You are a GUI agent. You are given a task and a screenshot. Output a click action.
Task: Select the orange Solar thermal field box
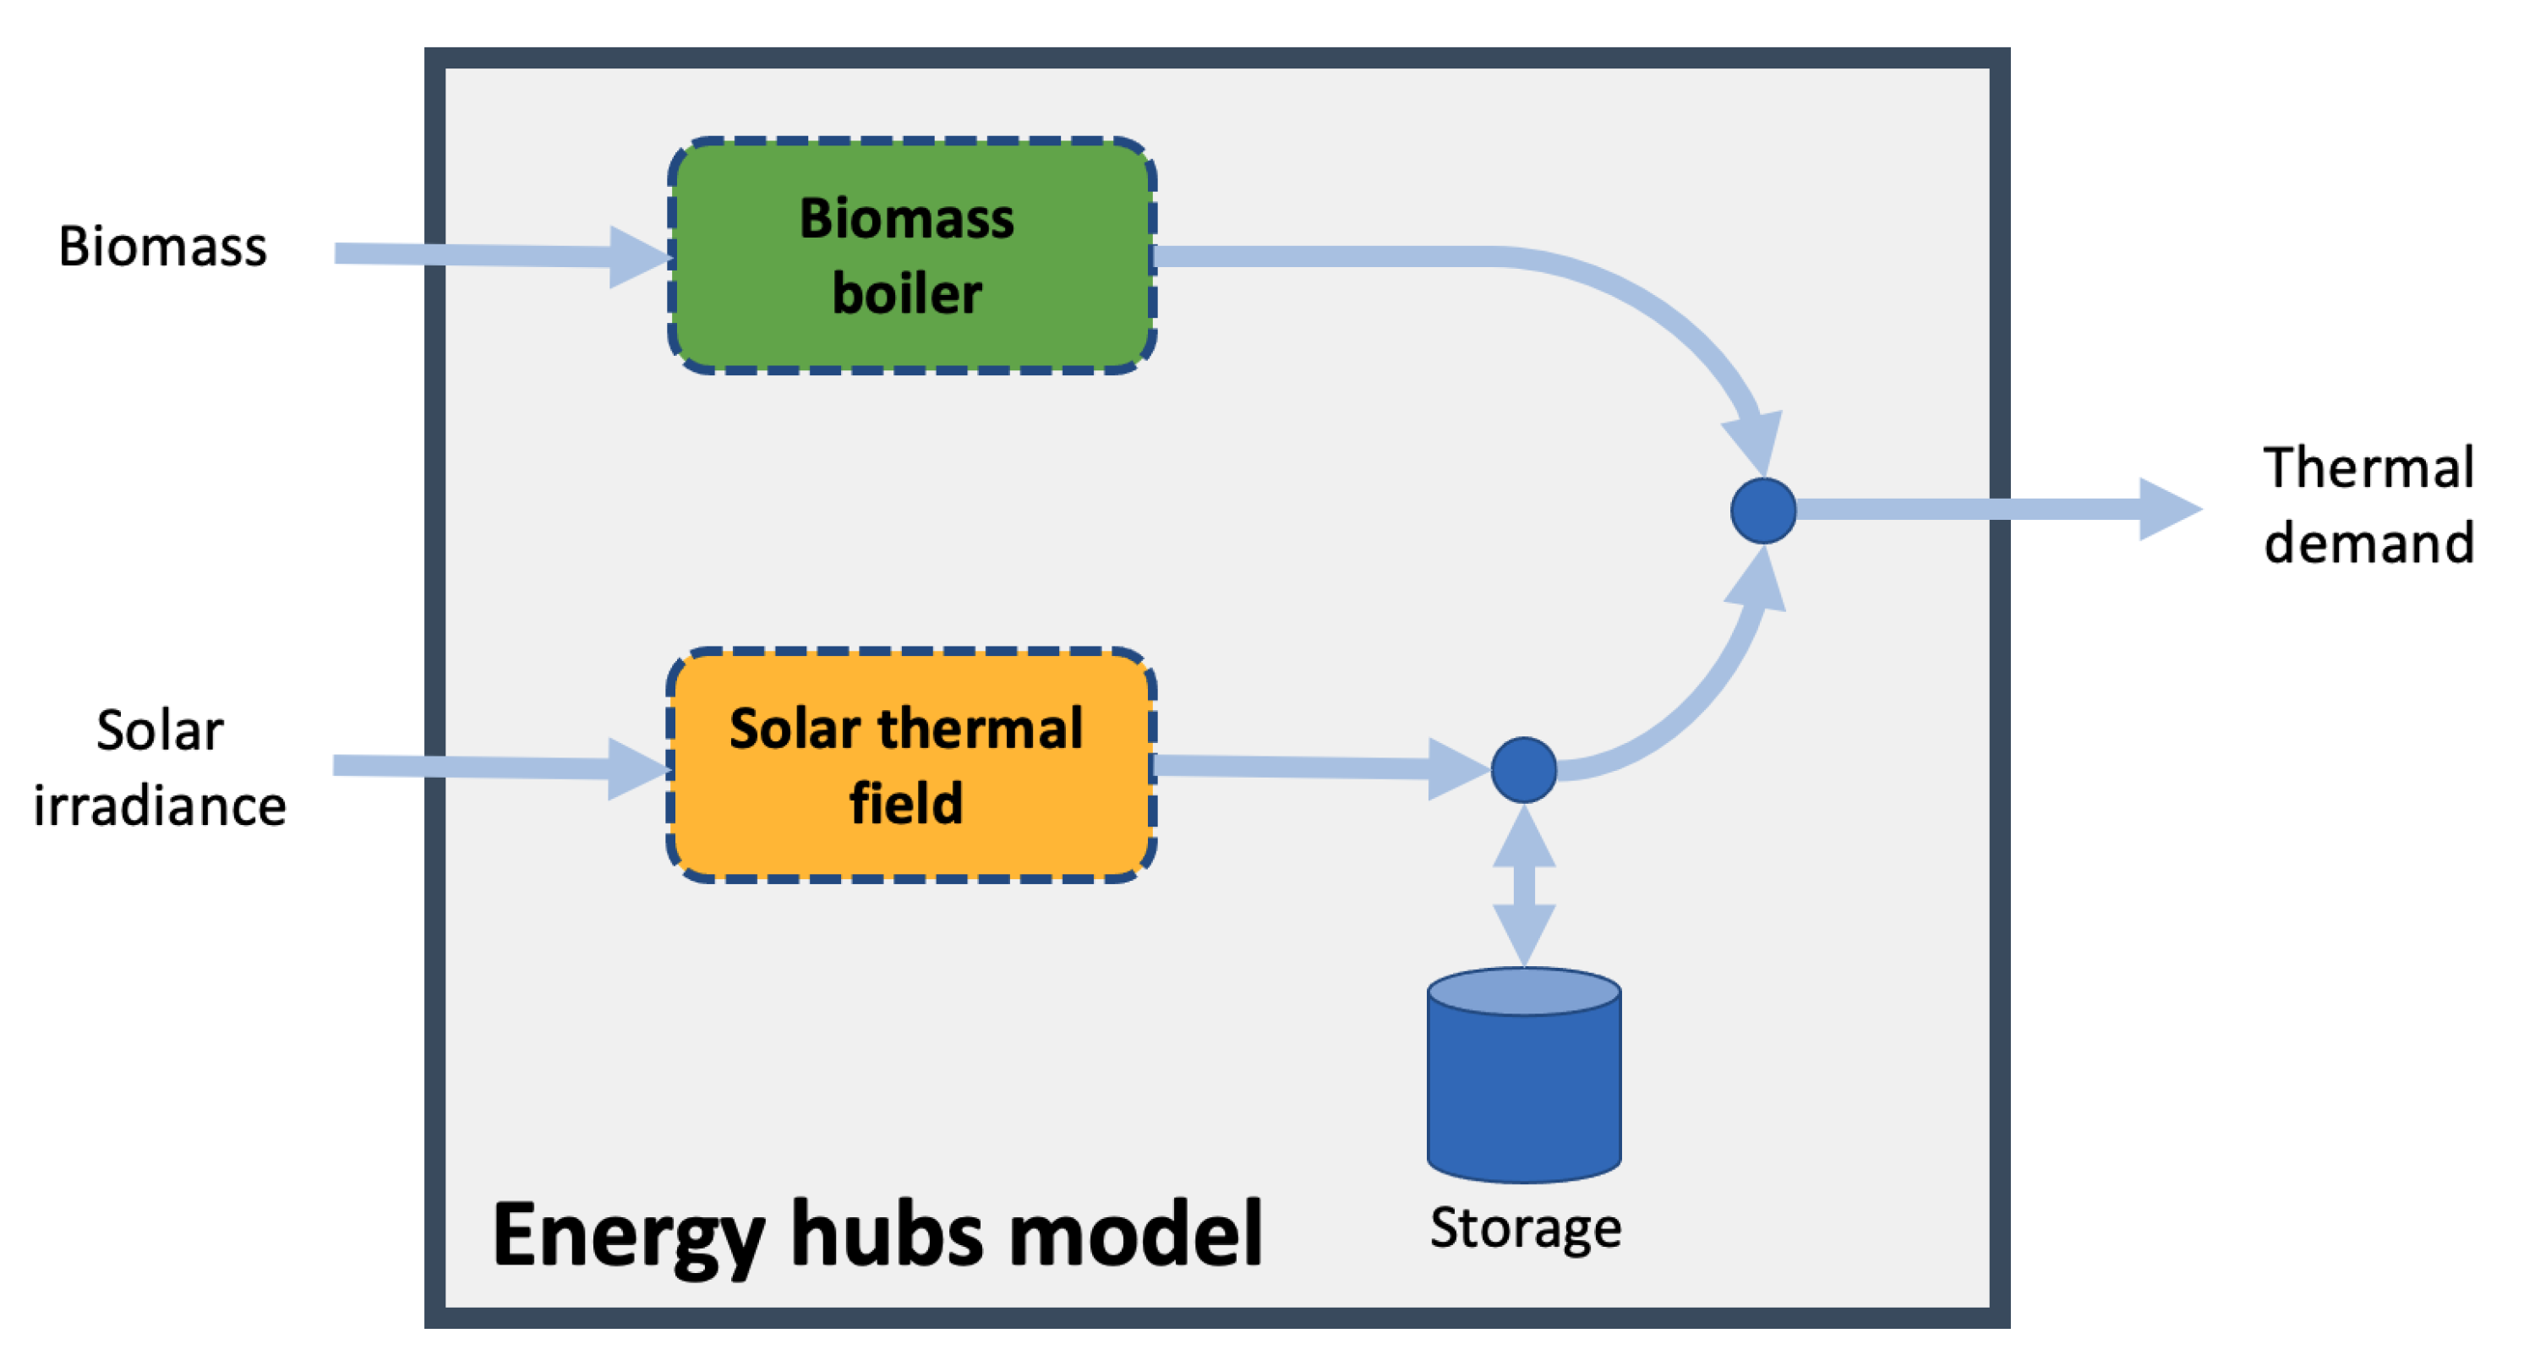pyautogui.click(x=911, y=764)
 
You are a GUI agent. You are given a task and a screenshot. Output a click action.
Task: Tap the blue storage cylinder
pyautogui.click(x=1523, y=1088)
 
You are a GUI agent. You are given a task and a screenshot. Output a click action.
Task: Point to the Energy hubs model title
pyautogui.click(x=877, y=1235)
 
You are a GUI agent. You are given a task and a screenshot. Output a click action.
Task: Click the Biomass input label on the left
pyautogui.click(x=162, y=246)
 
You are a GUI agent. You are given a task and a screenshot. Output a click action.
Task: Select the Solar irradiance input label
pyautogui.click(x=160, y=768)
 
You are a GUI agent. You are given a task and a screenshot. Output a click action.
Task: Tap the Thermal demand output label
pyautogui.click(x=2368, y=505)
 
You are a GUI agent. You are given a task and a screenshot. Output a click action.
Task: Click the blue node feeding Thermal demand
pyautogui.click(x=1762, y=511)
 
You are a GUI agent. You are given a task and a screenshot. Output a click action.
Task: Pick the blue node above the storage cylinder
pyautogui.click(x=1523, y=769)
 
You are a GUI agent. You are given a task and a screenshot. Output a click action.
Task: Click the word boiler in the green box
pyautogui.click(x=906, y=294)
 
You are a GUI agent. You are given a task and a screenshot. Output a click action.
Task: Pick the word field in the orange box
pyautogui.click(x=906, y=804)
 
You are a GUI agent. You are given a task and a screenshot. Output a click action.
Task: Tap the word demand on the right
pyautogui.click(x=2368, y=543)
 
